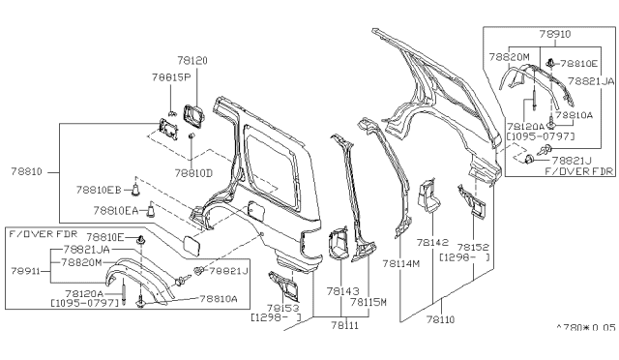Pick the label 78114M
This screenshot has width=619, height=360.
[400, 262]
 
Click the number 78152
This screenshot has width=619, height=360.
[472, 248]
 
